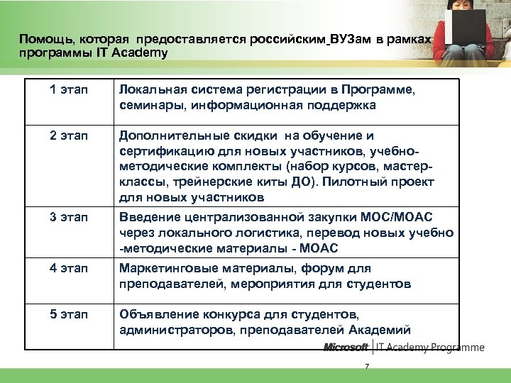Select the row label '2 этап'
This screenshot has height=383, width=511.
pyautogui.click(x=68, y=135)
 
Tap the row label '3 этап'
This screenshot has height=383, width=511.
pyautogui.click(x=68, y=216)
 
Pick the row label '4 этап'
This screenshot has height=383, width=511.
pyautogui.click(x=68, y=269)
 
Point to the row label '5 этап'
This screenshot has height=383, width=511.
pyautogui.click(x=68, y=313)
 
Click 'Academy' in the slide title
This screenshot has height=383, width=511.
pyautogui.click(x=141, y=53)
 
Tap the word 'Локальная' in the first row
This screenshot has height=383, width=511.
pyautogui.click(x=151, y=91)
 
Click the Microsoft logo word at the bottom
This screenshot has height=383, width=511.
pyautogui.click(x=346, y=348)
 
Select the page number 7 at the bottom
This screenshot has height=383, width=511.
pyautogui.click(x=367, y=366)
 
